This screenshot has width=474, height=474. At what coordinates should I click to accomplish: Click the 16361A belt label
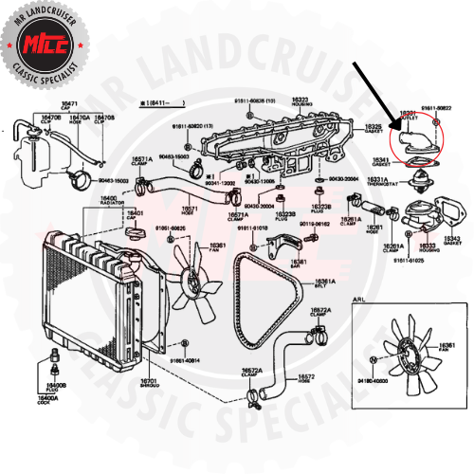click(325, 283)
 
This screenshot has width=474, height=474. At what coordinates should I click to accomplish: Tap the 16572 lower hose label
click(305, 377)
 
